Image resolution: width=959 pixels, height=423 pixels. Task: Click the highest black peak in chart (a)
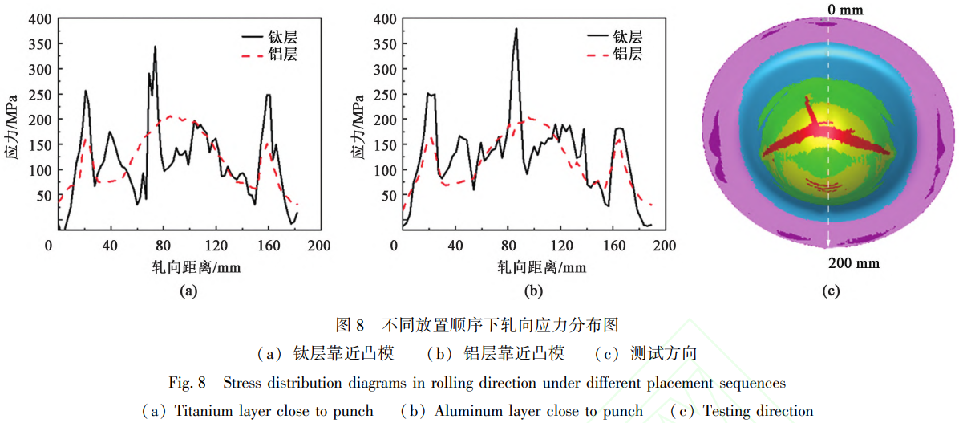[x=156, y=47]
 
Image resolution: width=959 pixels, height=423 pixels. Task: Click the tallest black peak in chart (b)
[x=516, y=29]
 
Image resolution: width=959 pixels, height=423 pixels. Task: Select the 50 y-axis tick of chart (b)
[x=390, y=196]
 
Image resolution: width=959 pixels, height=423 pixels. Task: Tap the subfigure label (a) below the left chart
[x=188, y=292]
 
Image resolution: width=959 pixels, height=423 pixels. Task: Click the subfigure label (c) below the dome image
[x=829, y=292]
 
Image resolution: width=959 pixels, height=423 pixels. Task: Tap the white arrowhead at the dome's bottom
[x=828, y=243]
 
